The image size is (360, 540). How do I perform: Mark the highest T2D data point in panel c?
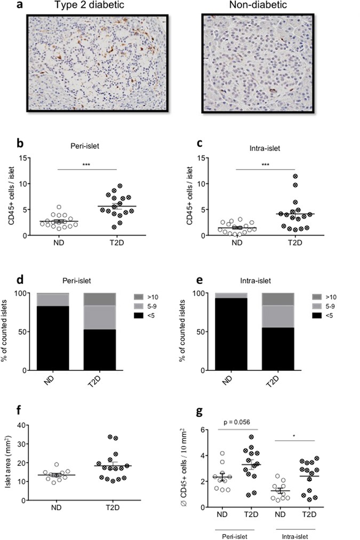click(x=294, y=176)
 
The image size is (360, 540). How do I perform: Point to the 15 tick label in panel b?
click(x=22, y=157)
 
